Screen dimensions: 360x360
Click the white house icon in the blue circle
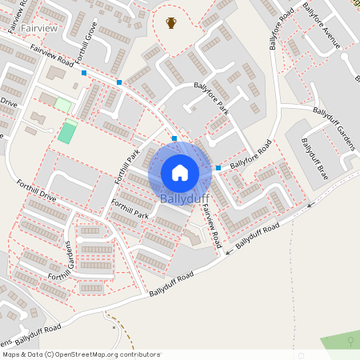click(x=180, y=173)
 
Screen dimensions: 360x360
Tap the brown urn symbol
click(x=170, y=22)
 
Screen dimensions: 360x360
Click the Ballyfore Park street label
click(x=210, y=98)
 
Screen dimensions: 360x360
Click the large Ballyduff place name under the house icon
click(x=185, y=198)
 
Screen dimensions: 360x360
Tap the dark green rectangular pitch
click(x=67, y=132)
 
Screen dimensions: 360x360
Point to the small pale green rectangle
click(x=62, y=105)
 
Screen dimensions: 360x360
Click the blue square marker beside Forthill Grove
click(x=84, y=73)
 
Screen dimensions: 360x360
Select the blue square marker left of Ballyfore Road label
click(x=218, y=168)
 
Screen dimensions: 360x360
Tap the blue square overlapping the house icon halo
click(x=174, y=138)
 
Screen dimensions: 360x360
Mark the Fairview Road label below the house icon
click(x=210, y=224)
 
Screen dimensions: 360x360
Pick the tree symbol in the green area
click(x=350, y=342)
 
